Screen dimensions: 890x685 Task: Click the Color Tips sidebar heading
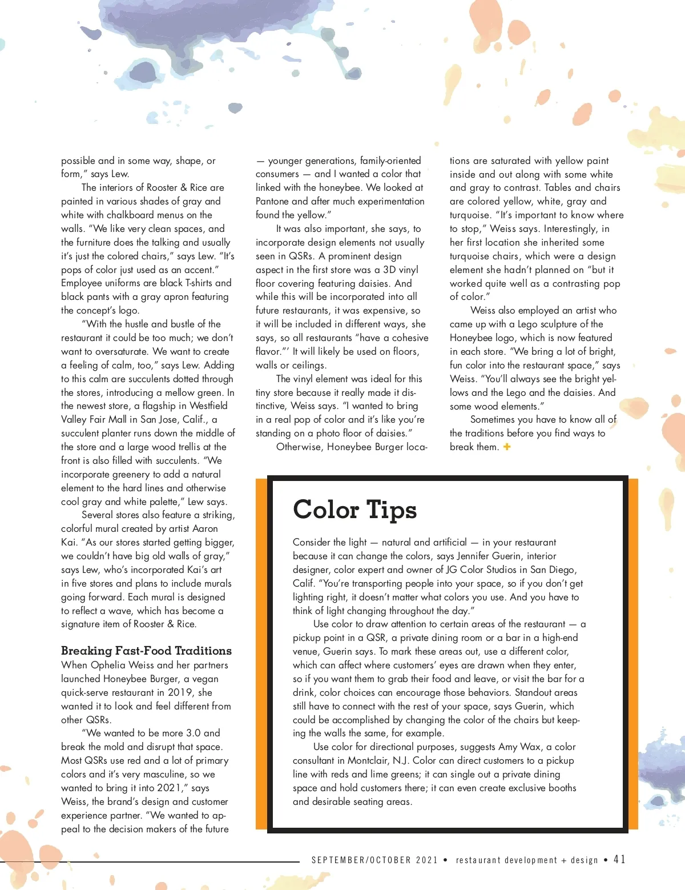pyautogui.click(x=354, y=510)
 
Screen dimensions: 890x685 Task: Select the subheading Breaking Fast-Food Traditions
pyautogui.click(x=146, y=651)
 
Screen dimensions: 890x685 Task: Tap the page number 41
pyautogui.click(x=619, y=859)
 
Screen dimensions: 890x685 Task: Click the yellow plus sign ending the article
pyautogui.click(x=507, y=447)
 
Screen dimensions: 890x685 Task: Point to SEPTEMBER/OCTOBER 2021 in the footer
pyautogui.click(x=374, y=860)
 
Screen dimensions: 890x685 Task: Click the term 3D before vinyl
pyautogui.click(x=390, y=270)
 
